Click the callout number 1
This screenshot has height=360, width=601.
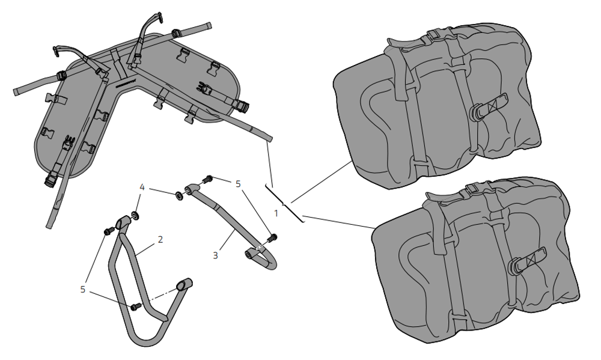tap(276, 213)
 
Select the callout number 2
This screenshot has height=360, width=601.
tap(160, 239)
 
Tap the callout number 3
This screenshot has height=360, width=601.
tap(215, 255)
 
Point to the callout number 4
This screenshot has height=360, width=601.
tap(142, 188)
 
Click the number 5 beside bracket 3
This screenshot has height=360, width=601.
tap(238, 183)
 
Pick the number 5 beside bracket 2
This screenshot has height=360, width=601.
tap(84, 289)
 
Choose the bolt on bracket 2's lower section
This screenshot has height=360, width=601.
tap(135, 307)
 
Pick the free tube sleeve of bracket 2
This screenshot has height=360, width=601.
tap(183, 284)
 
